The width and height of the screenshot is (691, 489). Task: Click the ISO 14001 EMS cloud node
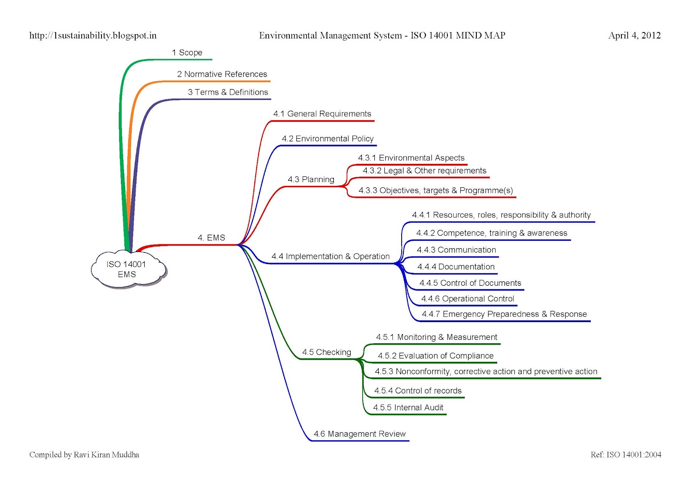coord(127,269)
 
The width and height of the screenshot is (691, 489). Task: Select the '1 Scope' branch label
coord(187,53)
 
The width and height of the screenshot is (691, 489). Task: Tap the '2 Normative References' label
coord(222,74)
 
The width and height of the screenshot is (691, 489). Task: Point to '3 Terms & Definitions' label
coord(228,93)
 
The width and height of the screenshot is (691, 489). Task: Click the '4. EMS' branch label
coord(211,238)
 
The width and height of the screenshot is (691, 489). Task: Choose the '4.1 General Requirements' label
coord(322,114)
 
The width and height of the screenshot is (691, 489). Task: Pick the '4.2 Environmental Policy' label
coord(327,139)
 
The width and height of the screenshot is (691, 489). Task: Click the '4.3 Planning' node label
coord(311,179)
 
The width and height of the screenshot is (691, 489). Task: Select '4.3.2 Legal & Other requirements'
coord(424,171)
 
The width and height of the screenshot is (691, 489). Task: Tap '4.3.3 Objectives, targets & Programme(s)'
coord(435,191)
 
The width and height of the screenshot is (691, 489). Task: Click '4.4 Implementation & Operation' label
coord(330,256)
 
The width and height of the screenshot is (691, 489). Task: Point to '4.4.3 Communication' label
coord(456,250)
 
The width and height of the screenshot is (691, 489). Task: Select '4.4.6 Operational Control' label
coord(467,299)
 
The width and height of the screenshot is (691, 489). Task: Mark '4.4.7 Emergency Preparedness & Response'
coord(504,314)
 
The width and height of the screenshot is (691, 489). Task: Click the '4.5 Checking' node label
coord(326,352)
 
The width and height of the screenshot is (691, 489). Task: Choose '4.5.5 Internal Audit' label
coord(408,408)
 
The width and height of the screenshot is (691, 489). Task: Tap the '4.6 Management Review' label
coord(359,434)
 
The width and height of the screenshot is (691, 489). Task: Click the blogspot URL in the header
coord(93,35)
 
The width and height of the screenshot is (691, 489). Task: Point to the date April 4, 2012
coord(634,35)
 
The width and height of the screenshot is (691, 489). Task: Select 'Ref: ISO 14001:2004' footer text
coord(626,455)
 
